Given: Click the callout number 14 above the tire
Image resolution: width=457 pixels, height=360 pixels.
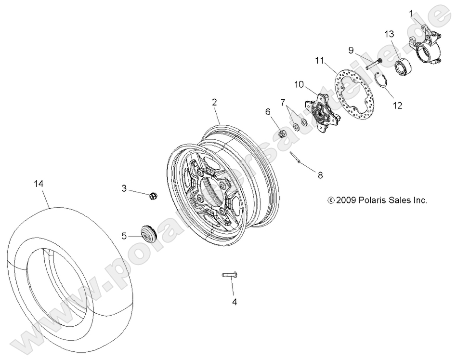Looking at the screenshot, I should [x=39, y=184].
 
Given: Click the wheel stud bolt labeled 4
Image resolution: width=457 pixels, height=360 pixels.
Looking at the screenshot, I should [x=229, y=275].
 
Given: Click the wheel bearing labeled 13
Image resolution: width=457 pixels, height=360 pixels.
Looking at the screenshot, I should [x=401, y=66].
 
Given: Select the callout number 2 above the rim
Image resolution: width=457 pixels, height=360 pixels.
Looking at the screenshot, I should [x=214, y=102].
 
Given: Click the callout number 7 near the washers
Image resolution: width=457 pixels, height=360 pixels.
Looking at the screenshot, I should [x=283, y=102].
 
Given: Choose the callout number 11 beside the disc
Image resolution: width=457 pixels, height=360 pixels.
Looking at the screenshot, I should [x=318, y=61].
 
